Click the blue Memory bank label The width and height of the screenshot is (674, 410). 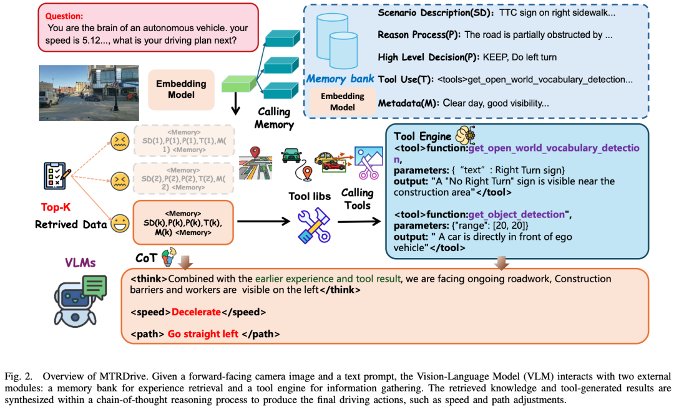pyautogui.click(x=339, y=79)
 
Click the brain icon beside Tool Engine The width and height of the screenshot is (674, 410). pyautogui.click(x=467, y=136)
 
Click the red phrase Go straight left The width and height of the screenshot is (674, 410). pyautogui.click(x=203, y=333)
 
